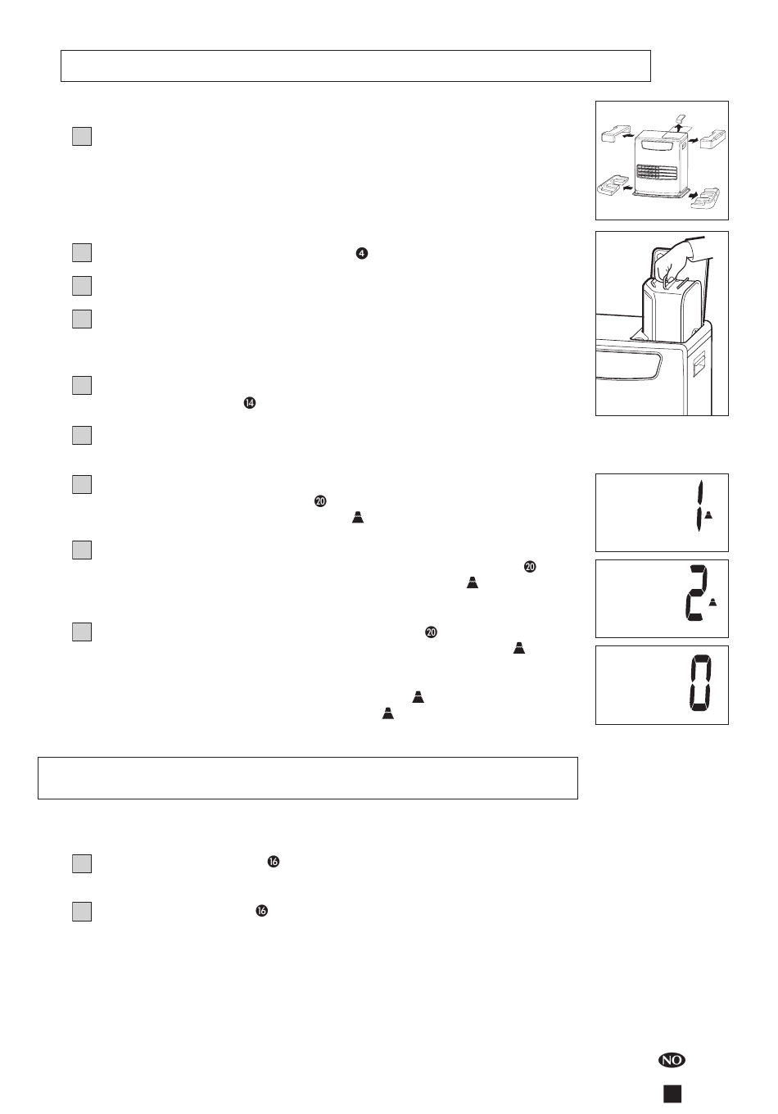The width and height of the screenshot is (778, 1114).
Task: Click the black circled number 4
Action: [x=362, y=253]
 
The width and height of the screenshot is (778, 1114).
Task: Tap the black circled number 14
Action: [x=250, y=403]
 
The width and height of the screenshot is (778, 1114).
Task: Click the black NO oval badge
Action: [x=672, y=1060]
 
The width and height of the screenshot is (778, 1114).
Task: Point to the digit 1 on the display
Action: [x=700, y=506]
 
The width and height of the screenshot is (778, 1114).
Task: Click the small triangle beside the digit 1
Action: [x=708, y=514]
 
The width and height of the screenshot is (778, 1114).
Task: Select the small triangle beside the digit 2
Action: [x=713, y=602]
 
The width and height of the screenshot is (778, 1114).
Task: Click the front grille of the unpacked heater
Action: [x=657, y=172]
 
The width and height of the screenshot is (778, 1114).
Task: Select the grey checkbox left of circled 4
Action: [x=82, y=252]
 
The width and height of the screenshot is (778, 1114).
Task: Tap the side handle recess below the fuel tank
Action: [x=699, y=363]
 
